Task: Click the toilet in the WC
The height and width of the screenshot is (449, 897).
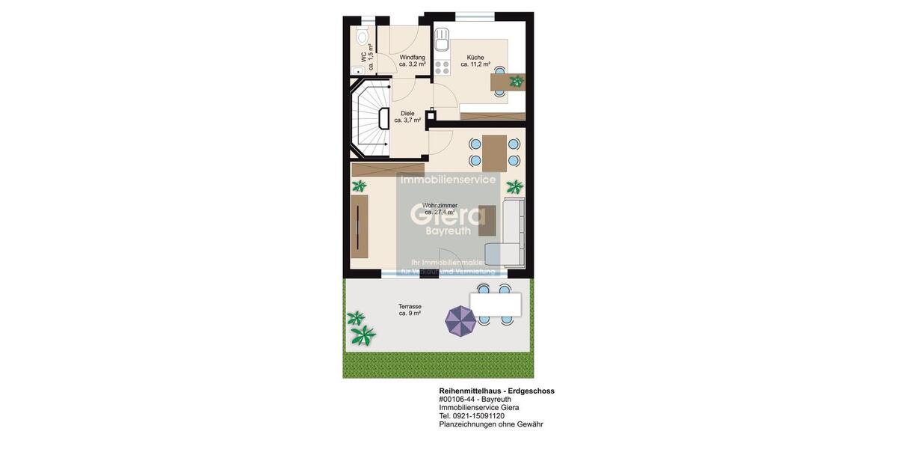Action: [363, 36]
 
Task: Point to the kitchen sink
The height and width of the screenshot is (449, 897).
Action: [442, 37]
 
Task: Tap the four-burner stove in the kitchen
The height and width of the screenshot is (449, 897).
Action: [442, 67]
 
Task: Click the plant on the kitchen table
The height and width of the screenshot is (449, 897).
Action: [516, 81]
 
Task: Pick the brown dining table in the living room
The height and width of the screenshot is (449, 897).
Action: [494, 153]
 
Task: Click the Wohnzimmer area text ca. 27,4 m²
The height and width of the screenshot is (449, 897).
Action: [440, 213]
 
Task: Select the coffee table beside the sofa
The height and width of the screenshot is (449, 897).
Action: [487, 220]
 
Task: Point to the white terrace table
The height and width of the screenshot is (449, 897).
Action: [495, 304]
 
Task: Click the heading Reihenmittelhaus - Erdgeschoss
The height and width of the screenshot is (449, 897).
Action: [496, 391]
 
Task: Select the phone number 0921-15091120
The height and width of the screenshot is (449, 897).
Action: [478, 416]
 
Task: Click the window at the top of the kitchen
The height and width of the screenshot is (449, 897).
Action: [475, 16]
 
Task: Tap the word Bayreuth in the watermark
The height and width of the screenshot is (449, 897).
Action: [448, 231]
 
